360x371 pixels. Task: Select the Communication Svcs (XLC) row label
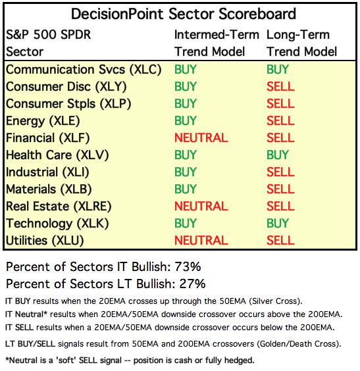[84, 70]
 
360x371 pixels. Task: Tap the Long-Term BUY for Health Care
[278, 155]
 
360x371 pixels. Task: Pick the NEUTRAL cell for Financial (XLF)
[201, 138]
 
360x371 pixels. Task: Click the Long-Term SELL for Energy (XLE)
[280, 120]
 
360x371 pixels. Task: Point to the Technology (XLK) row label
[57, 224]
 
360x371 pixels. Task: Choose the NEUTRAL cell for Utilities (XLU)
[201, 240]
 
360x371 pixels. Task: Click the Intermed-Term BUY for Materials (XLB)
[186, 189]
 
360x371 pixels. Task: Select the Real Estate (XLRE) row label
[59, 207]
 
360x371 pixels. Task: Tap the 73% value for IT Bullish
[188, 266]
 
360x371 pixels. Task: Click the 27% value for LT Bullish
[192, 284]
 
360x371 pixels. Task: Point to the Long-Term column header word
[298, 35]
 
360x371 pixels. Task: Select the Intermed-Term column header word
[217, 35]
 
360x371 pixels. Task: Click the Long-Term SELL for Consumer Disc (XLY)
[280, 87]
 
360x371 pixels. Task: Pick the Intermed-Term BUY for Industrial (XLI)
[186, 172]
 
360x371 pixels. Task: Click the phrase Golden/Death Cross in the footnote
[298, 344]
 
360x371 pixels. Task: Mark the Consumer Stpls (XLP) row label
[68, 104]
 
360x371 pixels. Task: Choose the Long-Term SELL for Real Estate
[280, 207]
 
